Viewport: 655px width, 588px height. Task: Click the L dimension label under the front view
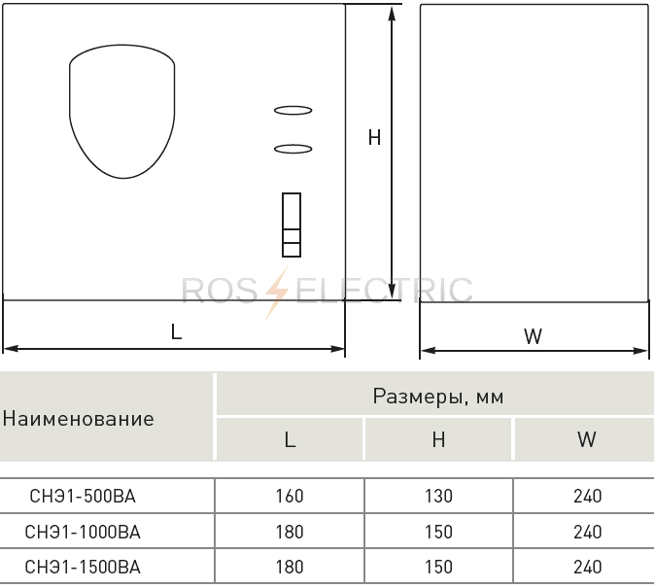[176, 331]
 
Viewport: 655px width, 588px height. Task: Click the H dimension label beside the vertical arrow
[375, 137]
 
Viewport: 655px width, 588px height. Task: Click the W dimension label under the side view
[533, 336]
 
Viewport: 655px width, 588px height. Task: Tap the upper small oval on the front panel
[293, 111]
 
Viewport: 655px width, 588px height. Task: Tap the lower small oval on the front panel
[293, 149]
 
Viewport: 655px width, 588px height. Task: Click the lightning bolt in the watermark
[277, 293]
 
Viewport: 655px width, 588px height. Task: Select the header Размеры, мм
[438, 396]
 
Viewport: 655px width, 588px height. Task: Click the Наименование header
[79, 418]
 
